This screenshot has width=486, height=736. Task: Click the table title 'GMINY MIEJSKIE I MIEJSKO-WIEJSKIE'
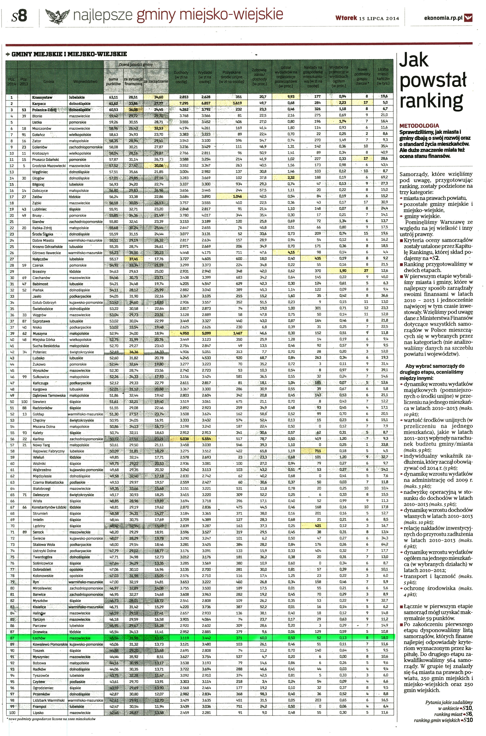pos(69,54)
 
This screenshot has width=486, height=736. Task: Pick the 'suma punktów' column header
pos(113,81)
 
